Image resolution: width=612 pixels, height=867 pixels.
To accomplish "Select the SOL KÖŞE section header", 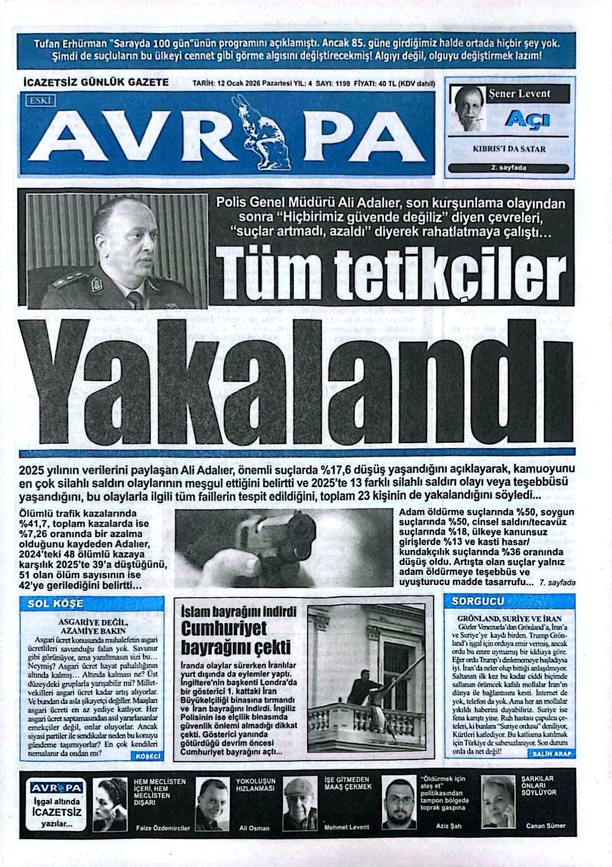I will pos(56,604).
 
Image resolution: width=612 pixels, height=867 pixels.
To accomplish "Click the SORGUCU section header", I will pos(478,601).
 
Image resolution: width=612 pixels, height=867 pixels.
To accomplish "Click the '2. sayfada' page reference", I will pos(508,168).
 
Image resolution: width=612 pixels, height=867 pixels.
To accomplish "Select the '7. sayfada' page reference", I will pos(557,583).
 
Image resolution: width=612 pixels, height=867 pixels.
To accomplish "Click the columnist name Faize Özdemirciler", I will pos(163,828).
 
